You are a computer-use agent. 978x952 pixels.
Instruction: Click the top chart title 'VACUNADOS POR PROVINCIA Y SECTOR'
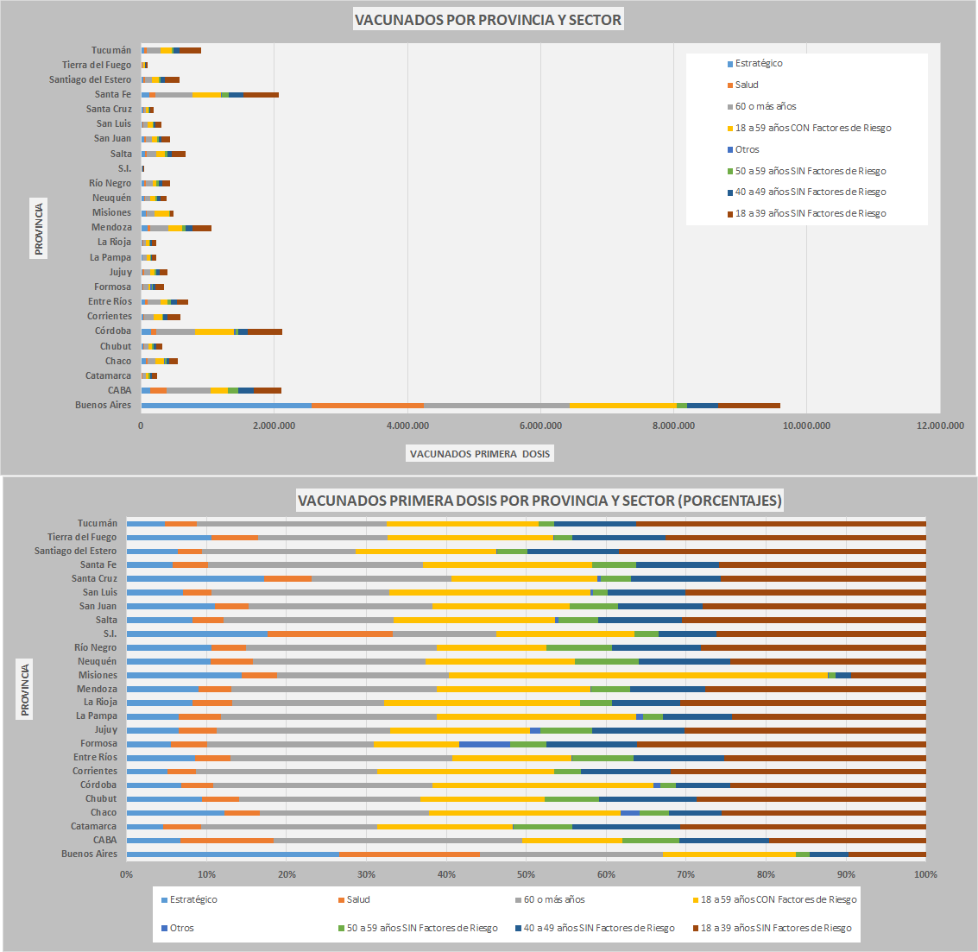click(x=488, y=20)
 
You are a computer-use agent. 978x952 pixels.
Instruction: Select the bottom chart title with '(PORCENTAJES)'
click(x=539, y=501)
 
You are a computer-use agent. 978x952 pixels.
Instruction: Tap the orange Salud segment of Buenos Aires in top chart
click(x=368, y=405)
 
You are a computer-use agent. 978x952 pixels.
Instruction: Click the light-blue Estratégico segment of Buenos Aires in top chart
click(x=226, y=405)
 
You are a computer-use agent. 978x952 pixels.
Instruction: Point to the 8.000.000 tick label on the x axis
click(x=673, y=426)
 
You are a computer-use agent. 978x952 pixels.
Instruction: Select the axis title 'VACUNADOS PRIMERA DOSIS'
click(x=480, y=454)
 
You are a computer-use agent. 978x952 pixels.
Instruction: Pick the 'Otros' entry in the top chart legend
click(x=747, y=149)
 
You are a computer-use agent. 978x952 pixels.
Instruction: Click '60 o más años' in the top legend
click(x=765, y=106)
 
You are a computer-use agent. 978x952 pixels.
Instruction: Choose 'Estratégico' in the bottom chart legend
click(x=193, y=899)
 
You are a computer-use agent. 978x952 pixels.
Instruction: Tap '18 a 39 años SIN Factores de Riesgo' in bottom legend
click(x=775, y=928)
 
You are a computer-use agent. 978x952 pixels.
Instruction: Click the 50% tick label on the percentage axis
click(x=446, y=874)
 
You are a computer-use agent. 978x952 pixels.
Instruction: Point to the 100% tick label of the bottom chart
click(x=925, y=874)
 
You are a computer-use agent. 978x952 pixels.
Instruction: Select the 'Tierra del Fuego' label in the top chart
click(x=97, y=65)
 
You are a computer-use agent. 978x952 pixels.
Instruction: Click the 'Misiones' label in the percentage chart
click(x=98, y=675)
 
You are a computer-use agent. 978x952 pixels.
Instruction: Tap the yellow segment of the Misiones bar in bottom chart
click(x=637, y=675)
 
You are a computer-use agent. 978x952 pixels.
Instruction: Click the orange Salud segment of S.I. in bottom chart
click(x=330, y=634)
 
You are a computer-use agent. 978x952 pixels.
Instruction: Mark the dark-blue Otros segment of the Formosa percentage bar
click(x=484, y=743)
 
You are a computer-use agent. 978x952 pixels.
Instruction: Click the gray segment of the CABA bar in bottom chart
click(x=398, y=840)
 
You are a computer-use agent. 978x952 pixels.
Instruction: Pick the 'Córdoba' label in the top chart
click(x=113, y=331)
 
